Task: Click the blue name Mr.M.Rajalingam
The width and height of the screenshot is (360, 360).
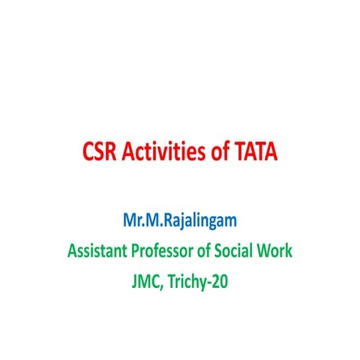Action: click(179, 223)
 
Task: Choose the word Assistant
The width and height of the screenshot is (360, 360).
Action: click(97, 250)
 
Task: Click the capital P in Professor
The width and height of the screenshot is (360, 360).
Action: click(134, 250)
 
